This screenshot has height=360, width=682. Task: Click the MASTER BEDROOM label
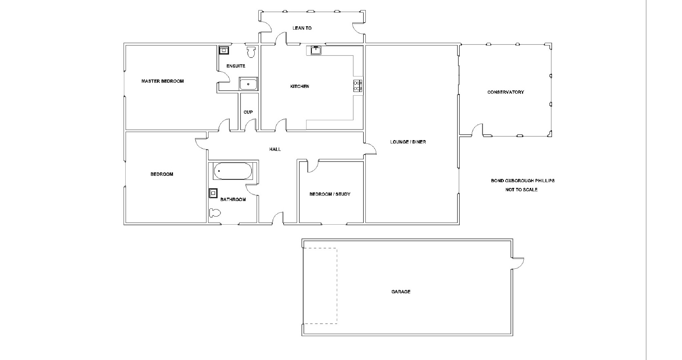(x=162, y=81)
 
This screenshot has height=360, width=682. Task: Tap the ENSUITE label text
(x=236, y=66)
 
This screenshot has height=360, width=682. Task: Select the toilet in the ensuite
(x=251, y=52)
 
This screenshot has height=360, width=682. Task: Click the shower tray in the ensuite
(x=248, y=84)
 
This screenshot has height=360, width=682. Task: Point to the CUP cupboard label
(x=248, y=112)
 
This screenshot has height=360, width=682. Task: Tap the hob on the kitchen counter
(x=358, y=86)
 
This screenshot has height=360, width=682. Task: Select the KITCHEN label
(x=299, y=87)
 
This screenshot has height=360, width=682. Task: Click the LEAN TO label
(x=302, y=28)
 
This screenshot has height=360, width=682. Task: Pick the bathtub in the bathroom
(x=233, y=171)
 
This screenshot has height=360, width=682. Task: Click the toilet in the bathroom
(x=215, y=213)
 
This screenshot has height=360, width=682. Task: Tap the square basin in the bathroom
(x=213, y=193)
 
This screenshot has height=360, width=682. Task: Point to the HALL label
(x=275, y=149)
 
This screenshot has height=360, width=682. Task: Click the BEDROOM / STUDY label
(x=330, y=194)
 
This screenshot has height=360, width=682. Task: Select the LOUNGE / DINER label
(x=408, y=142)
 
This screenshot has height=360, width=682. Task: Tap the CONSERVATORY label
(x=506, y=92)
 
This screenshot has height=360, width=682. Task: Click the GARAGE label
(x=401, y=292)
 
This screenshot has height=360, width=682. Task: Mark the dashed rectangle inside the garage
(x=320, y=286)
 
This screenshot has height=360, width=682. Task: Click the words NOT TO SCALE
(x=521, y=190)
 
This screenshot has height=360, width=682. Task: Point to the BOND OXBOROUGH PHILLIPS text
(x=522, y=181)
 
